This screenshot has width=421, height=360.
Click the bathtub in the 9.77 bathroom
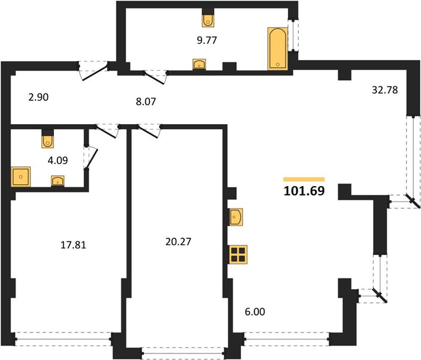click(278, 49)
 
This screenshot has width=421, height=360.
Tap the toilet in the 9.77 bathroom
click(208, 20)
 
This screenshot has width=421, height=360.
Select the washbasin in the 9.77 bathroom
click(199, 64)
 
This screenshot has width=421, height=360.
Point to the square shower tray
click(20, 176)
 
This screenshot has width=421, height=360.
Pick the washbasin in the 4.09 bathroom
click(58, 181)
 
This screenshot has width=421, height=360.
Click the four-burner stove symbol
click(238, 254)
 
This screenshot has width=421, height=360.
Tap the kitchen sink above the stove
click(236, 217)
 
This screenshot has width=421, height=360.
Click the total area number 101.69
click(304, 191)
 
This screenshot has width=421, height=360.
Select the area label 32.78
click(385, 90)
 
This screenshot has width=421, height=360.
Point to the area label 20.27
click(178, 242)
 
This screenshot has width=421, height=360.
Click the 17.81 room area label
click(73, 245)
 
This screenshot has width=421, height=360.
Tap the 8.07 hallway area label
click(146, 102)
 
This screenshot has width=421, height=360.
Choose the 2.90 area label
click(38, 97)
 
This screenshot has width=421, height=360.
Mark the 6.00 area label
click(255, 311)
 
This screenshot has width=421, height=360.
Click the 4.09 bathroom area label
click(58, 160)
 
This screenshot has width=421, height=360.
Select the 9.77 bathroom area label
click(207, 40)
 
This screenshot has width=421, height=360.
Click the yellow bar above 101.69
click(304, 179)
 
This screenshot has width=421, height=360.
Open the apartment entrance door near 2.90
click(94, 70)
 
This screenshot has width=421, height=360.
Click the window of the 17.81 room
click(63, 339)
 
